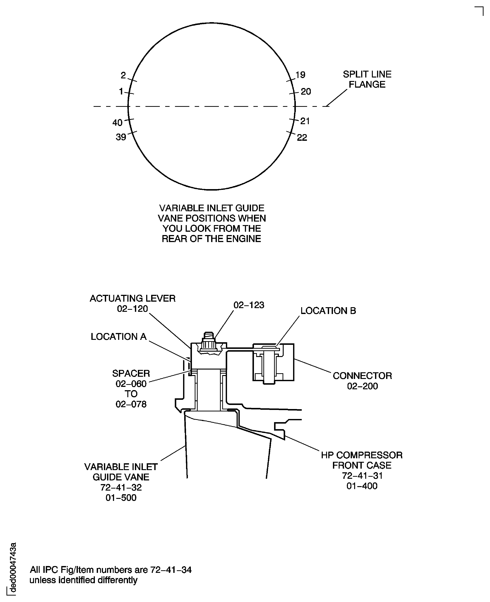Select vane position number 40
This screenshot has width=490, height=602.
(117, 123)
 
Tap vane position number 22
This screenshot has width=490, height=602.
(302, 137)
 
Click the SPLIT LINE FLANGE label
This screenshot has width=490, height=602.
(367, 79)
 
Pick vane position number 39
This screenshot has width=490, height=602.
(121, 137)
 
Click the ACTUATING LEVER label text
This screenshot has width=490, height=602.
(132, 298)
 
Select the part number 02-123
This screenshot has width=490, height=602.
(249, 305)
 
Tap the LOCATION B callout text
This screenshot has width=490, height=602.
(328, 311)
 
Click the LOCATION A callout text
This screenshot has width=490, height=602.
(118, 336)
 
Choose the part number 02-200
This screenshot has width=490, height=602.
(362, 386)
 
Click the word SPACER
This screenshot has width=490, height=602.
(131, 373)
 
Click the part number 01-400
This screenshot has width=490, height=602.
(362, 486)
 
